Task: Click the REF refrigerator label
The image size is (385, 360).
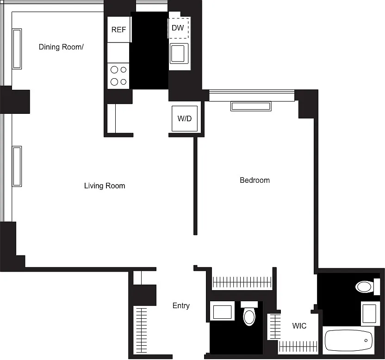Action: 118,30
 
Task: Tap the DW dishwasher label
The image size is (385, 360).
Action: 178,28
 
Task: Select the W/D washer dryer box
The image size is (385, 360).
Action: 185,118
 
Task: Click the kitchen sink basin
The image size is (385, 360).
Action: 178,53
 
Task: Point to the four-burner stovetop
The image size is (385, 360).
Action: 118,75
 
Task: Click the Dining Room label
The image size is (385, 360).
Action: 61,47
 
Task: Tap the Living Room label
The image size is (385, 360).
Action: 105,186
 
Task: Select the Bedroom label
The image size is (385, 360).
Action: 255,180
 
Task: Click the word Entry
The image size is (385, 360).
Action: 181,305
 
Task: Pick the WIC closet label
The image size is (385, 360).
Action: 299,326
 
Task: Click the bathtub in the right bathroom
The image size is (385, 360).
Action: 348,340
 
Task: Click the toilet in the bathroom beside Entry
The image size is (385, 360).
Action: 249,314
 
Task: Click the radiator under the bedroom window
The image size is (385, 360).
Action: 251,106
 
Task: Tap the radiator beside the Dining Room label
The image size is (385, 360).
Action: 17,49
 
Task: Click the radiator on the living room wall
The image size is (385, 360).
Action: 17,166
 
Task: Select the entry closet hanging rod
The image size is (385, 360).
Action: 142,330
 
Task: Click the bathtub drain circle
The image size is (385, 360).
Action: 366,341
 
